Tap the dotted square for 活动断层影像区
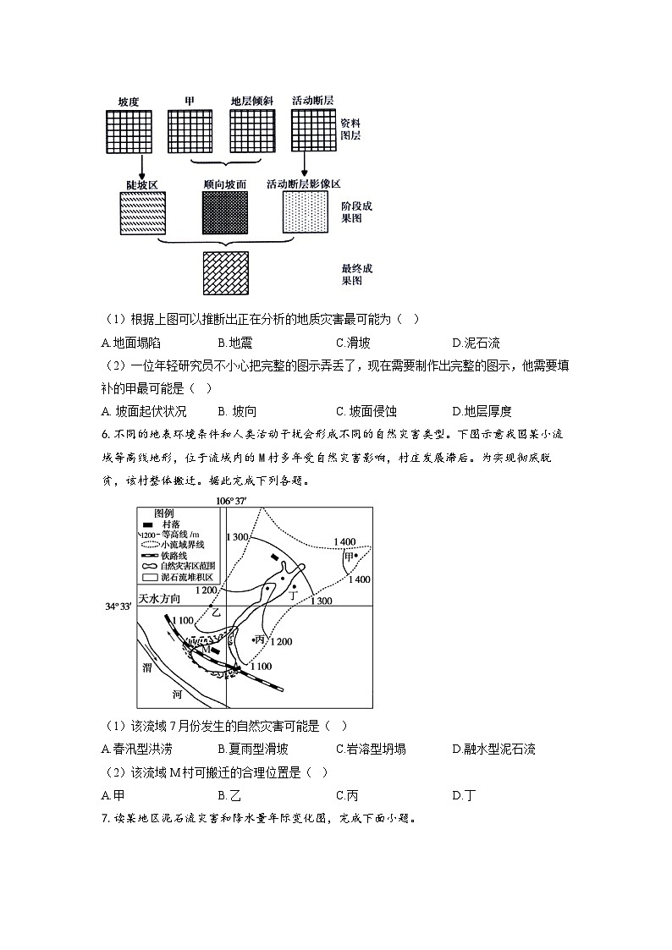tap(305, 212)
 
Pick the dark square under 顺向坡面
tap(225, 212)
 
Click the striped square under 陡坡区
tap(142, 212)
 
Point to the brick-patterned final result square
tap(225, 272)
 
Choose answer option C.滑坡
tap(352, 343)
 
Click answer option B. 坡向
tap(237, 411)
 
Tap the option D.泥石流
tap(476, 343)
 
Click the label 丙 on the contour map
tap(260, 640)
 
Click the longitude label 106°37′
tap(229, 501)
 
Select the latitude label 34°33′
tap(118, 607)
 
